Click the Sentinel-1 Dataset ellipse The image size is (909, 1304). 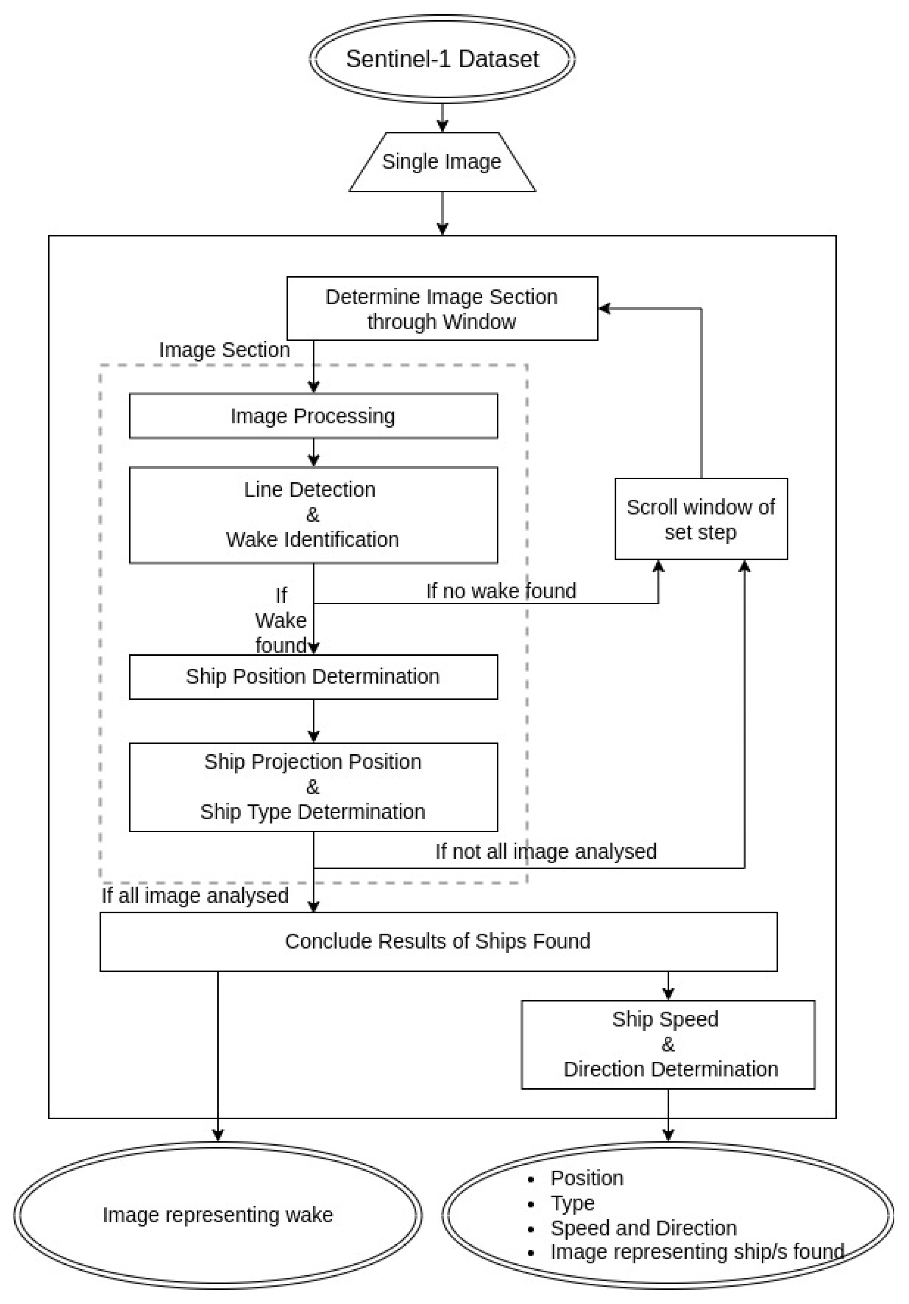coord(442,59)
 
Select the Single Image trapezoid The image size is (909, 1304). coord(442,162)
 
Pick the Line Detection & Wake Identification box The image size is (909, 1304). coord(313,514)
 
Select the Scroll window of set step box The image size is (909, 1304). coord(700,519)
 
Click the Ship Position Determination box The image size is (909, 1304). coord(313,676)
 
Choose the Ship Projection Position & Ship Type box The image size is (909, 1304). coord(313,787)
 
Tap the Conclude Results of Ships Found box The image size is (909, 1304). coord(438,941)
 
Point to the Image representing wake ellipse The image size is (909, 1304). coord(218,1215)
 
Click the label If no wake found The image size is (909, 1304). coord(501,591)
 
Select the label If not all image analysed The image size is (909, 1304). coord(546,851)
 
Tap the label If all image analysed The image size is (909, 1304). coord(195,896)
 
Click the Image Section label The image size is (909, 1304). coord(224,350)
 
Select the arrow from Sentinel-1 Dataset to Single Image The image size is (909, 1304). coord(442,118)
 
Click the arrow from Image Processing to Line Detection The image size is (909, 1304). coord(314,453)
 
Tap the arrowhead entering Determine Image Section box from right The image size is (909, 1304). coord(605,308)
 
